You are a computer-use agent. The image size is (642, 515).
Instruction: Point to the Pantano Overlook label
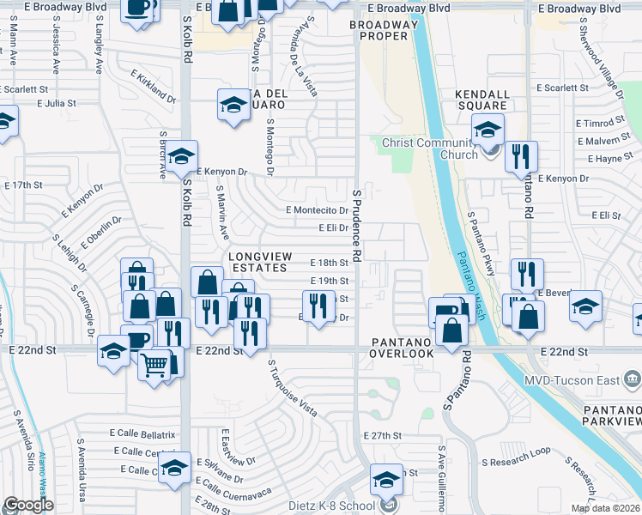403,348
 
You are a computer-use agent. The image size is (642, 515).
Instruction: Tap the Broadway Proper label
383,29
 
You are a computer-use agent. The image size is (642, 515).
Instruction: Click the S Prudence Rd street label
355,227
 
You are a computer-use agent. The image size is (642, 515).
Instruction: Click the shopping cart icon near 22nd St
154,363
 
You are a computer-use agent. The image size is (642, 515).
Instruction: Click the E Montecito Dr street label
317,210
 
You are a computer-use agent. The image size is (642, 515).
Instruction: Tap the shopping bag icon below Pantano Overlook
451,330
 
